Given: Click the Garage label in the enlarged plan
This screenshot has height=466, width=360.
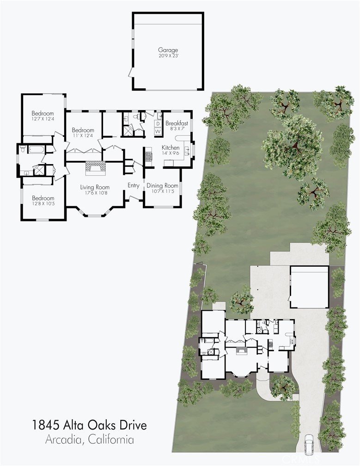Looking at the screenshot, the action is point(168,50).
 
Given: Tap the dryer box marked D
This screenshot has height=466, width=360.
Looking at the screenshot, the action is point(158,123).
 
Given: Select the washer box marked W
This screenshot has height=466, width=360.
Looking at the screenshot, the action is point(158,131).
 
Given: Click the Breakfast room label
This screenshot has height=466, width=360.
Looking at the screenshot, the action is point(177,123).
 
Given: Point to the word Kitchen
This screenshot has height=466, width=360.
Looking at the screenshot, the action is point(171,147).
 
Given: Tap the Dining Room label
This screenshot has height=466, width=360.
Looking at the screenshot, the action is point(162,185).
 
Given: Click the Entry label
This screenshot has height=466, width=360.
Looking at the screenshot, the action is point(134,185).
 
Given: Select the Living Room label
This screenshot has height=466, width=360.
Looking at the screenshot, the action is point(95,187).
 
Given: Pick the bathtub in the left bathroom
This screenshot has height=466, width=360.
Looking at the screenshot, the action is point(37,149).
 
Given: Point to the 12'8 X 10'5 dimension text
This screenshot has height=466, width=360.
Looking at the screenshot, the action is point(43,204).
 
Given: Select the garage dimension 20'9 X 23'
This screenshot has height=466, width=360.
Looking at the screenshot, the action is point(168,55).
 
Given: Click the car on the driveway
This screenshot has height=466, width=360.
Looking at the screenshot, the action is point(309,443).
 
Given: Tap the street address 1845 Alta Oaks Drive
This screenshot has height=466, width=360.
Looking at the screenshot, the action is point(89,425).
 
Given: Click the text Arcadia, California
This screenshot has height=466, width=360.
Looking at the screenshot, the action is point(89,439).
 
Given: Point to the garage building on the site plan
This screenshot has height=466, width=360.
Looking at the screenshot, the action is point(309,287).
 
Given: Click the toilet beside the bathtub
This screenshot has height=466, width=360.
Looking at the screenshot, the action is point(23,149).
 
